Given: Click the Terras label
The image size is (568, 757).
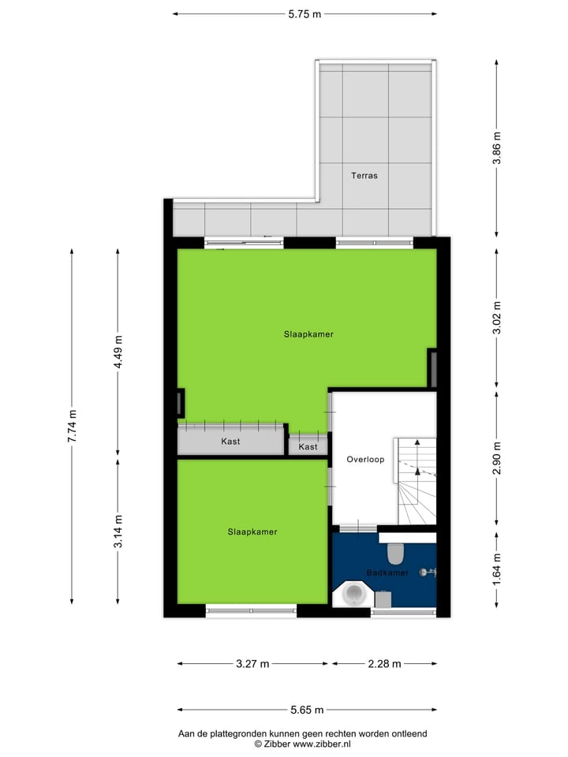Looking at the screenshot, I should click(x=364, y=175).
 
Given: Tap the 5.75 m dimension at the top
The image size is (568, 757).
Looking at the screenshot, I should click(x=305, y=13).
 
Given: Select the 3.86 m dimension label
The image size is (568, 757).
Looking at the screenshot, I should click(x=496, y=147).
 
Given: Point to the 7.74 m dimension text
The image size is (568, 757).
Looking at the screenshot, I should click(x=72, y=426).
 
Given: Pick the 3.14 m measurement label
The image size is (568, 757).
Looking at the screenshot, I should click(x=118, y=531).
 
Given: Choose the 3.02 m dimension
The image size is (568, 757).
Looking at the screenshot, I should click(x=496, y=318).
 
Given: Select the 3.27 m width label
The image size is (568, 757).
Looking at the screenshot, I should click(x=252, y=664).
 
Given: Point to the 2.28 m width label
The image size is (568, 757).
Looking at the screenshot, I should click(x=384, y=664).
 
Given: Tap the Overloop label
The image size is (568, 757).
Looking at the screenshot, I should click(x=365, y=459).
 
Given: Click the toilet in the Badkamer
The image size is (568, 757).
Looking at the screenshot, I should click(x=395, y=554).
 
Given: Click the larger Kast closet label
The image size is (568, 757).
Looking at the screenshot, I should click(x=230, y=442).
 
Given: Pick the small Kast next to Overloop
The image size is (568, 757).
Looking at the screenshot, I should click(x=308, y=447).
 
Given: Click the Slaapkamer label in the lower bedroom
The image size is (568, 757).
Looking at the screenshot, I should click(x=252, y=531).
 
